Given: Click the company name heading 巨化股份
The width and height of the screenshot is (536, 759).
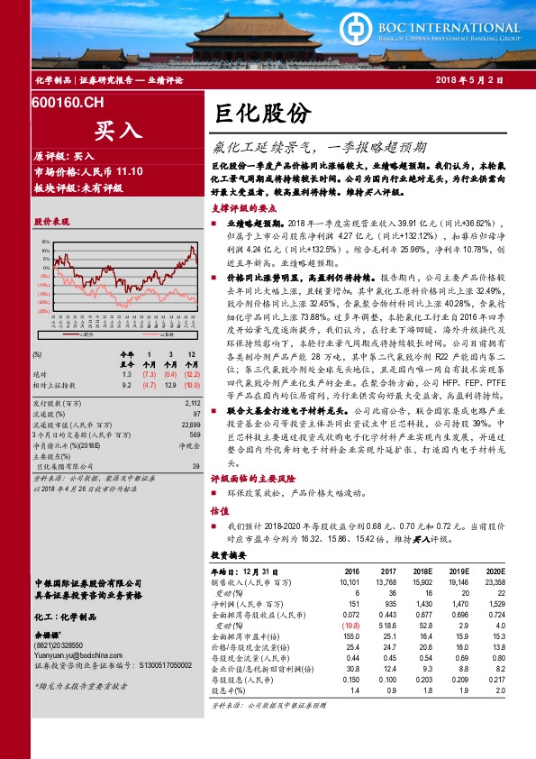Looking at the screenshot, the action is click(x=262, y=112).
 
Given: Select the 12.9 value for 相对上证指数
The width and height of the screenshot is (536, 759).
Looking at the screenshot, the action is click(x=170, y=385).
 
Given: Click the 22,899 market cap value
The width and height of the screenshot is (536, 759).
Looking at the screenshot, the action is click(x=189, y=424).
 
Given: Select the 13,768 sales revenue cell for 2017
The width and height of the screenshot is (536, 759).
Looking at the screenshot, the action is click(x=386, y=581).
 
